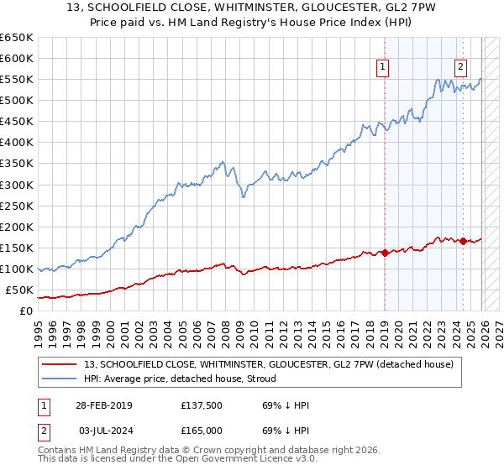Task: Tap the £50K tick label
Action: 18,290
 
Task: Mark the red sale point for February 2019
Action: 385,253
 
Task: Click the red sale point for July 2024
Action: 463,241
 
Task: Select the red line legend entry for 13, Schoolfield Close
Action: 269,363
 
